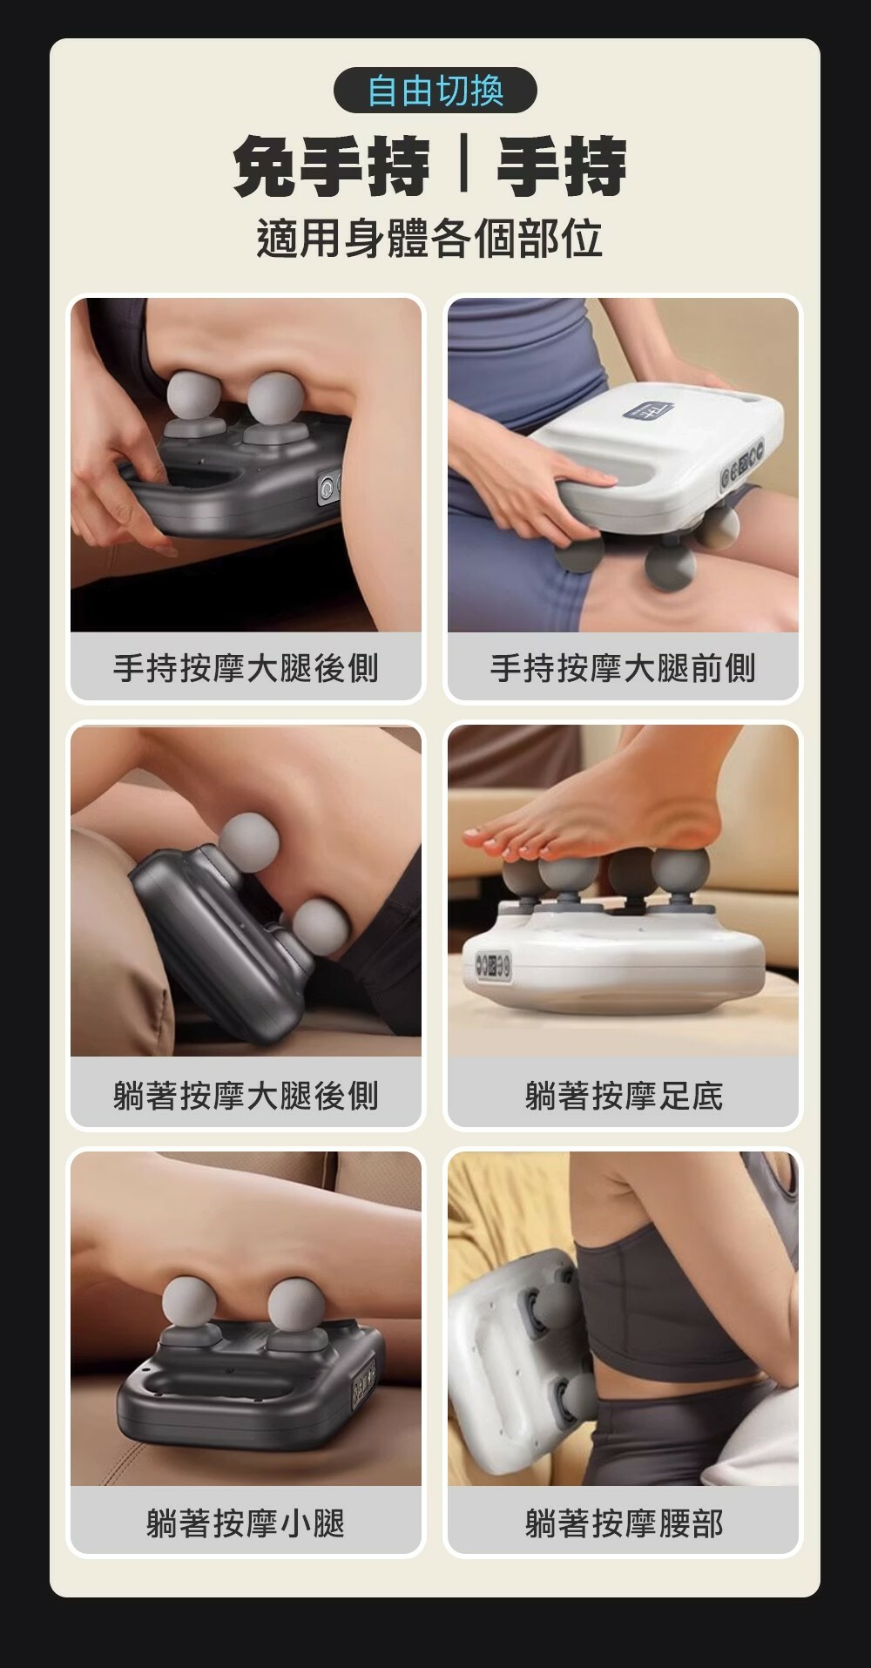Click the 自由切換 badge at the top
coord(435,90)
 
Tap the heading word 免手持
coord(332,168)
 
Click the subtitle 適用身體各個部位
coord(430,239)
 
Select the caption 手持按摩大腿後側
coord(246,668)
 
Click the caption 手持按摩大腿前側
coord(623,668)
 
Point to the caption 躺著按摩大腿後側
coord(246,1095)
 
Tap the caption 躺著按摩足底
coord(624,1095)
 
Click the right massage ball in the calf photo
coord(295,1304)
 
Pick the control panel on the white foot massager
coord(493,965)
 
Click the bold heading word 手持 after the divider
coord(563,168)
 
